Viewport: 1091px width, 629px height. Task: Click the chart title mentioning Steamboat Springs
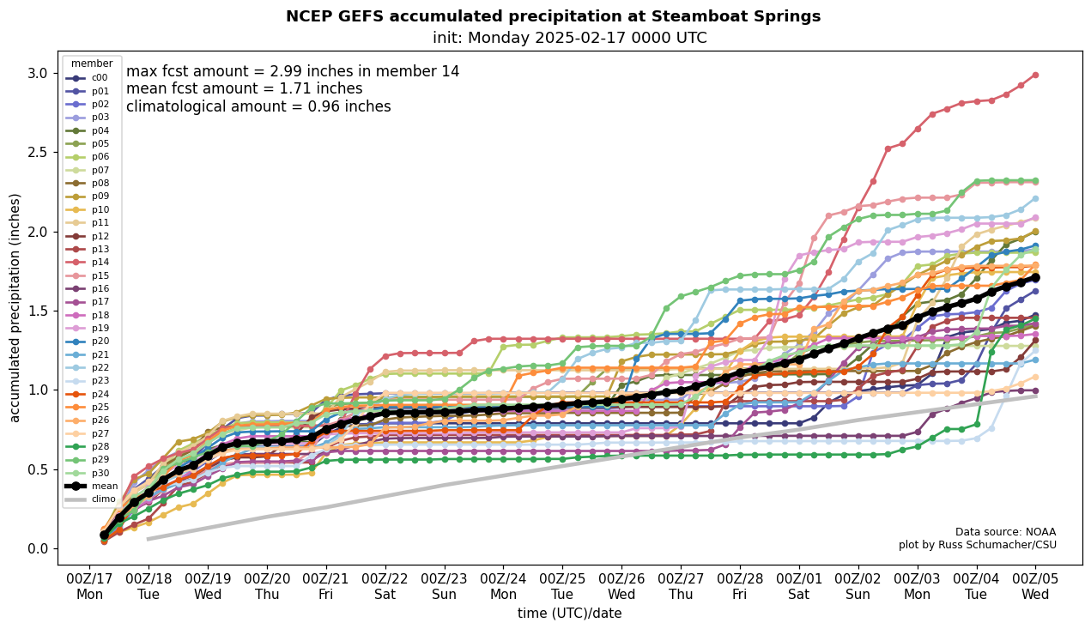pos(553,16)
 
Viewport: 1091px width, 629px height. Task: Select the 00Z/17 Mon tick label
pos(89,586)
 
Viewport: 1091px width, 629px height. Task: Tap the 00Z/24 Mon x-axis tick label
pos(503,586)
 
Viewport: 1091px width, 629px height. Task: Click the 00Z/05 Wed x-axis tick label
pos(1035,586)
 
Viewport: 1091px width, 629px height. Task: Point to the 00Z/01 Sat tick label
pos(798,586)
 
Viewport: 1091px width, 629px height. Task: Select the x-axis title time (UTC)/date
pos(569,614)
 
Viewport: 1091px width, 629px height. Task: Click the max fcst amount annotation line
pos(293,71)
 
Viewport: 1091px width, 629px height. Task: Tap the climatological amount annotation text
pos(258,107)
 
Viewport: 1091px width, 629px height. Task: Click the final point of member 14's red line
pos(1035,75)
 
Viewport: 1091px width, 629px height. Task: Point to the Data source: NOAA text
pos(1005,532)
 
